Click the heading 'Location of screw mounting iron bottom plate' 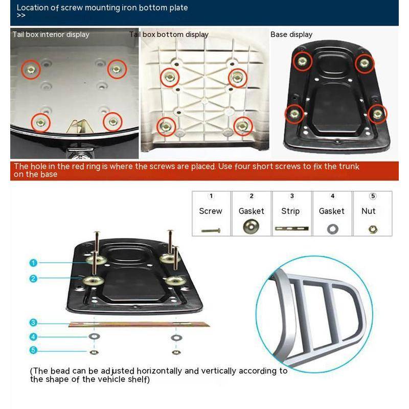(102, 8)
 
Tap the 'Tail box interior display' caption (51, 34)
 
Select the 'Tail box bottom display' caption (169, 34)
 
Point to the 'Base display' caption (291, 34)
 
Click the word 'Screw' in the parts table (211, 211)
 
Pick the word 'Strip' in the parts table (290, 211)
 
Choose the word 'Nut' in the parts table (368, 211)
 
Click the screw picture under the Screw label (211, 231)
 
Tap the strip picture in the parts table (291, 229)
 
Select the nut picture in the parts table (373, 229)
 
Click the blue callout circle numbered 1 (33, 263)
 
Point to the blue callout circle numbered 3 (33, 323)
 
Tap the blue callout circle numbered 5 (33, 350)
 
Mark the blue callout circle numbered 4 (33, 337)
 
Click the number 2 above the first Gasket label (252, 196)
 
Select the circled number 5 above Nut (373, 196)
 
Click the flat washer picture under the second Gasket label (333, 229)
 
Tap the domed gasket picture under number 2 (251, 226)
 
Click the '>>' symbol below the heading (21, 16)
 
